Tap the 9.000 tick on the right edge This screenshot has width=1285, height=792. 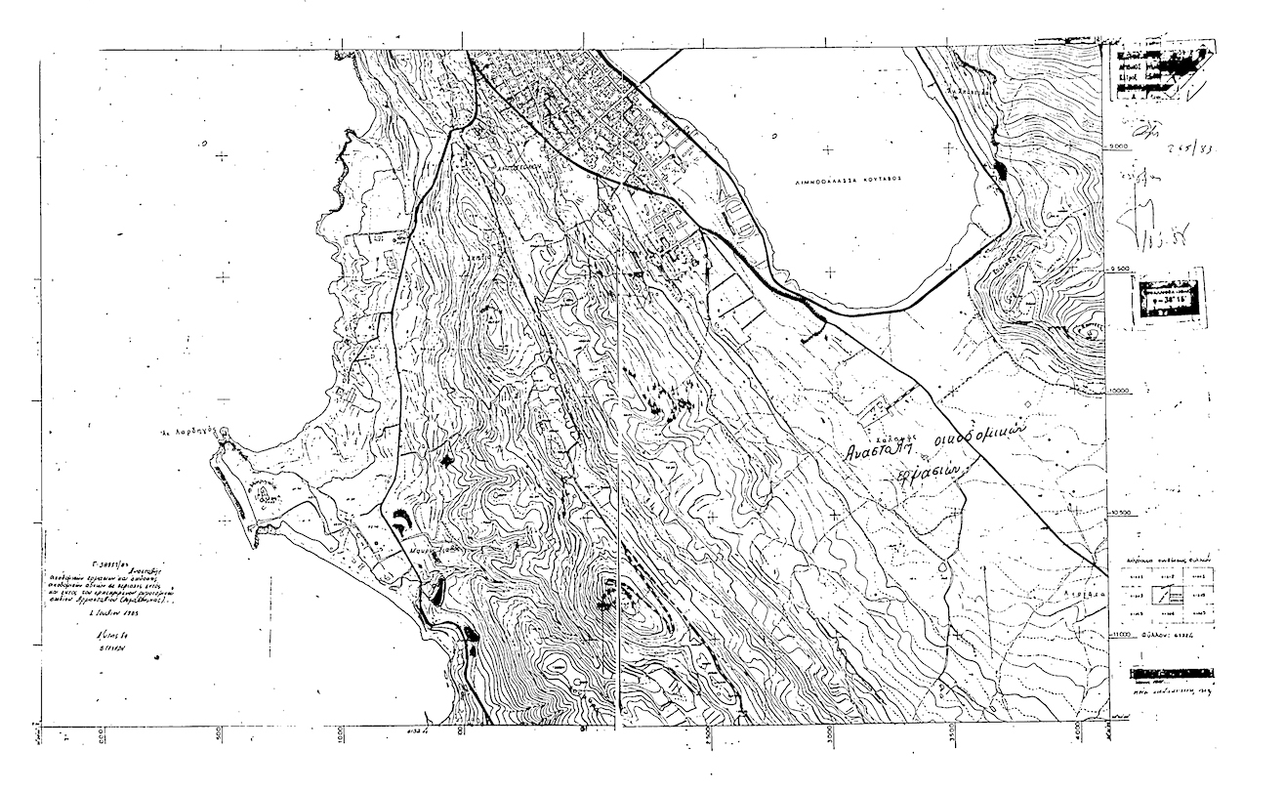[x=1119, y=146]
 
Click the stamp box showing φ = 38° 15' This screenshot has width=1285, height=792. [x=1168, y=298]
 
